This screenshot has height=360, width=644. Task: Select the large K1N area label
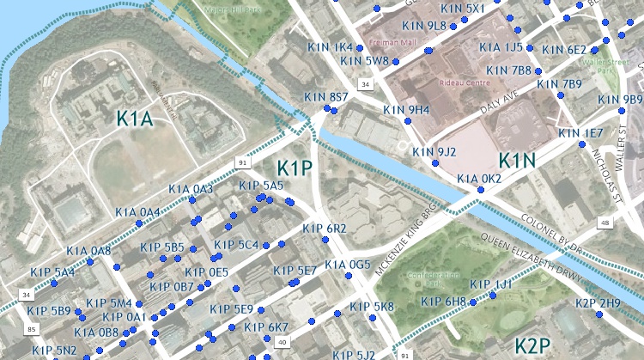click(x=516, y=161)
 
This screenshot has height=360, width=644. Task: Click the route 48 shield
click(x=605, y=223)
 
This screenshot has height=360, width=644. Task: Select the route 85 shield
click(x=32, y=329)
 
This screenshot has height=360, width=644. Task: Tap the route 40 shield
click(x=282, y=343)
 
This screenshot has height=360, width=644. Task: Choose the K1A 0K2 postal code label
click(x=479, y=179)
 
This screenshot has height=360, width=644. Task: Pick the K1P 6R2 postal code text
click(x=324, y=229)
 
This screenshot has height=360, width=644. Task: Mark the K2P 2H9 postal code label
click(x=598, y=303)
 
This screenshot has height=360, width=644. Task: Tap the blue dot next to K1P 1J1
click(x=493, y=296)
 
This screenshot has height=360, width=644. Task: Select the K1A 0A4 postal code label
click(x=137, y=212)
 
